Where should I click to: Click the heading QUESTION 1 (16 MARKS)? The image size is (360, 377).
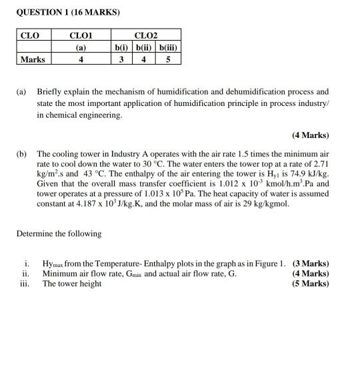pos(59,13)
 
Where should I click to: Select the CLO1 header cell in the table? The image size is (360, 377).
pos(81,35)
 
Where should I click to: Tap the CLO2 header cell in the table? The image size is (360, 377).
pos(146,35)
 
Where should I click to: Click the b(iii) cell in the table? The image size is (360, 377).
pos(169,47)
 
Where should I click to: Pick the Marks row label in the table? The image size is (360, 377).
pos(33,59)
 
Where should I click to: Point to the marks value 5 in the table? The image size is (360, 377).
pos(169,59)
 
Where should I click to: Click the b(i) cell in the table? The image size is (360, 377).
pos(121,47)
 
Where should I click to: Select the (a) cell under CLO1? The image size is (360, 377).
pos(81,47)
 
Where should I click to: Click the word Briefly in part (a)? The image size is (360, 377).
pos(50,91)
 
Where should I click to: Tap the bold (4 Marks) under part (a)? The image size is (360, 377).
pos(310,135)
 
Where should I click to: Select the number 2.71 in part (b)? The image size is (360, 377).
pos(319,163)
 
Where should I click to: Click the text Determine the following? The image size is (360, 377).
pos(59,234)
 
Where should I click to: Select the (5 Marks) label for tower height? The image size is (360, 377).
pos(310,283)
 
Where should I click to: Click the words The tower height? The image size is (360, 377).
pos(72,283)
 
